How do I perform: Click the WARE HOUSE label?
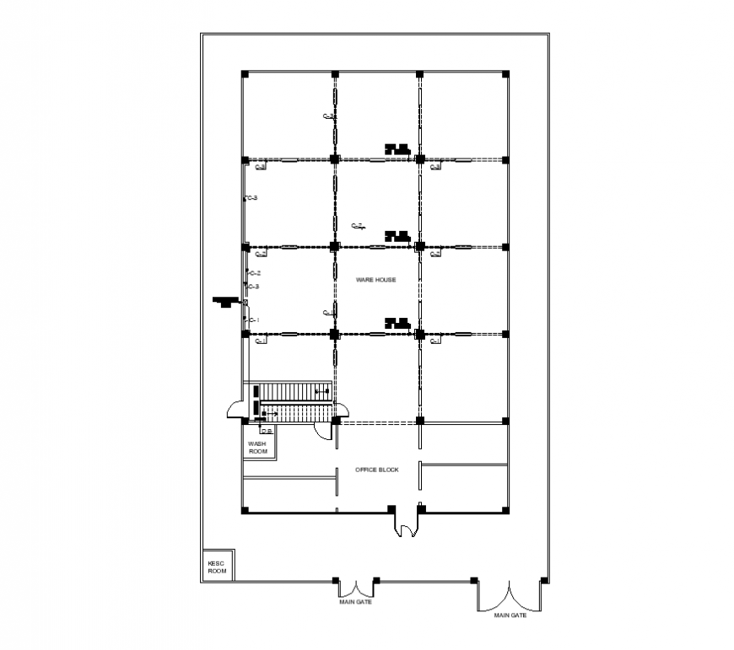coord(375,279)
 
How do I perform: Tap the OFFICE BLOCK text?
coord(376,470)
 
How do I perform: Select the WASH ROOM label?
coord(257,448)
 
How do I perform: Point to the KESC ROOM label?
coord(217,567)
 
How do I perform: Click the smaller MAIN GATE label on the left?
coord(355,602)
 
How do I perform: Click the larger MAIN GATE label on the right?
coord(510,615)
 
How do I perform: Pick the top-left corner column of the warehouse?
coord(245,74)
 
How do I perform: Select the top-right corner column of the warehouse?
coord(505,74)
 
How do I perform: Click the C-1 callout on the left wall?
coord(252,320)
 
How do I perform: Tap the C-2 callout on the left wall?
coord(253,273)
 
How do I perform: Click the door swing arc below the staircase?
coord(321,431)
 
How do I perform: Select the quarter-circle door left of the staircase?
coord(235,409)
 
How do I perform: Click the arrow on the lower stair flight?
coord(272,413)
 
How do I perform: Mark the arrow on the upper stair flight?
coord(321,392)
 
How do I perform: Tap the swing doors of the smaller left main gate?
coord(355,588)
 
